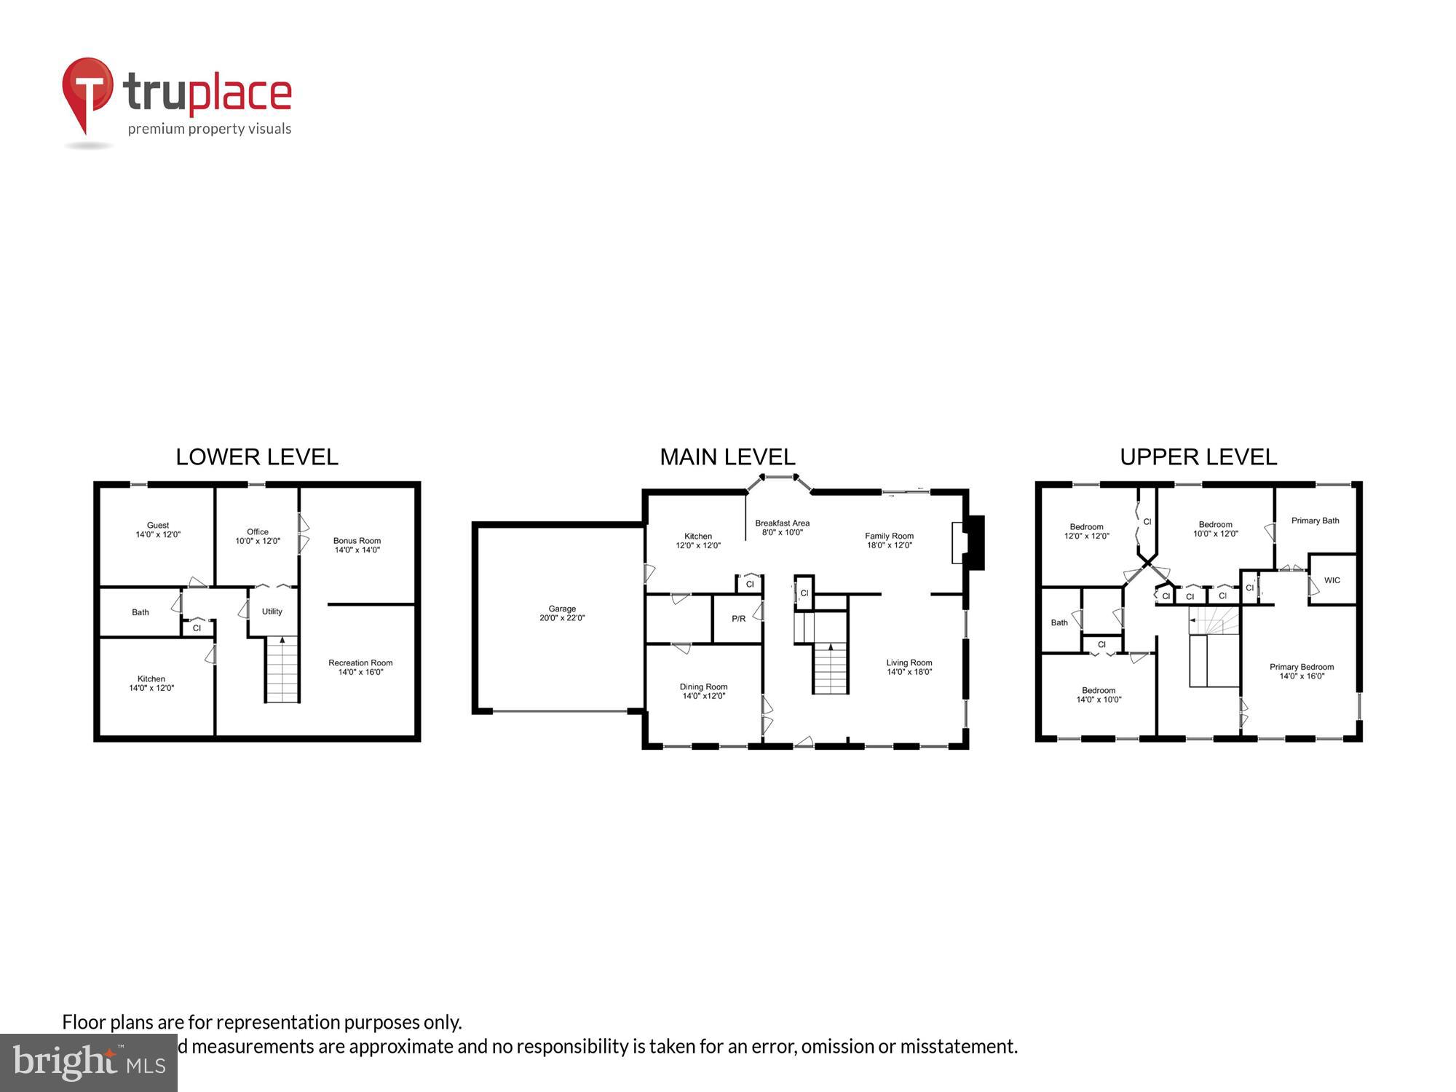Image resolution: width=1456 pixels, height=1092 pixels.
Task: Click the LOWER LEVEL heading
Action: click(256, 457)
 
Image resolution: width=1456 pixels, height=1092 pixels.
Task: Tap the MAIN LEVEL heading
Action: click(727, 457)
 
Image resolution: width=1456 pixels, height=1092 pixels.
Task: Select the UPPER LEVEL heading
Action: click(1198, 457)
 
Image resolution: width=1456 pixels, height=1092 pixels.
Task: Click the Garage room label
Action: click(562, 609)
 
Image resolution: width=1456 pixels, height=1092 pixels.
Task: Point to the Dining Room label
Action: click(703, 687)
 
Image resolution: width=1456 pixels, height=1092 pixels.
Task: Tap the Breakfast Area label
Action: click(782, 523)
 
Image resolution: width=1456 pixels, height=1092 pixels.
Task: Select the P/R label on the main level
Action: click(738, 619)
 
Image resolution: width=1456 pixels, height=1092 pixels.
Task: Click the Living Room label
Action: click(909, 662)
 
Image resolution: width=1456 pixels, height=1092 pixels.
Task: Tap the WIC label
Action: click(1332, 580)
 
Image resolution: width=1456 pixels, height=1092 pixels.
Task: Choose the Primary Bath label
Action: click(1315, 521)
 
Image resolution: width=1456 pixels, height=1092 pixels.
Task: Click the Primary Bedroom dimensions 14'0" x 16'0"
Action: click(1302, 676)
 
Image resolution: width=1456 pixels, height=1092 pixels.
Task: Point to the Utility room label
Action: click(272, 612)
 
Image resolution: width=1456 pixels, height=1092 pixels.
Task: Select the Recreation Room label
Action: click(360, 662)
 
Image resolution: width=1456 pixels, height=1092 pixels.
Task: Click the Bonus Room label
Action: click(357, 540)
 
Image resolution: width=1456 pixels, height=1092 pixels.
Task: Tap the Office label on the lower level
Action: click(257, 531)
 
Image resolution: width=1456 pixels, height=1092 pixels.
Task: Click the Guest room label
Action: click(157, 525)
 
